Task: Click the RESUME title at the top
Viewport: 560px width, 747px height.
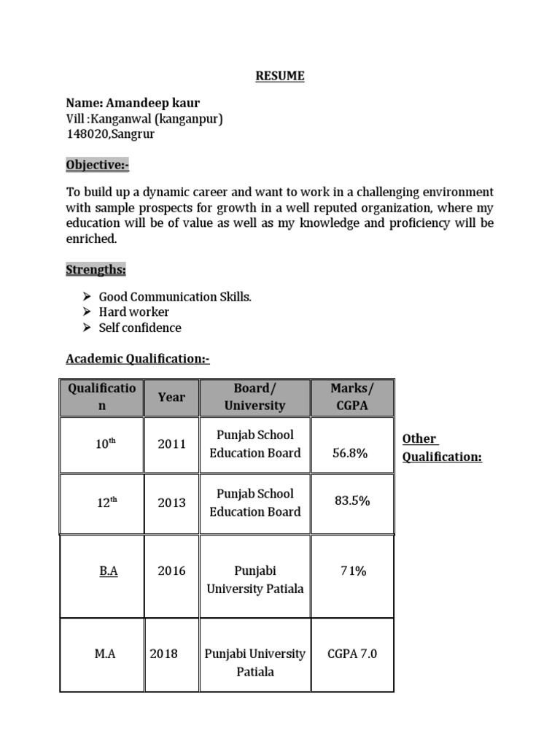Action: click(x=280, y=76)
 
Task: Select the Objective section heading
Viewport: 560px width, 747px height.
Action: click(x=98, y=166)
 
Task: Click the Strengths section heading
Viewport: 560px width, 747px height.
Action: click(x=96, y=270)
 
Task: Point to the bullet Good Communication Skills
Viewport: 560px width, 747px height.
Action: click(x=175, y=297)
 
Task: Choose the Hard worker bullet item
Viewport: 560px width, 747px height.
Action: click(x=134, y=312)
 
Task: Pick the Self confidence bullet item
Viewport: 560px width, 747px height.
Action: click(x=140, y=328)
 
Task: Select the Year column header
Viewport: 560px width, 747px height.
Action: click(x=171, y=397)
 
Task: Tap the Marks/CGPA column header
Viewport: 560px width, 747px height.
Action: click(x=352, y=397)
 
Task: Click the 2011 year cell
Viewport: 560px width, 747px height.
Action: click(x=171, y=444)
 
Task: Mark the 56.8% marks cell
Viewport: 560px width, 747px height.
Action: click(x=350, y=453)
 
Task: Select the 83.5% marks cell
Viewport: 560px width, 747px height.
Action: click(x=351, y=501)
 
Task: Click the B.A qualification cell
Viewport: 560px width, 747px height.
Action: click(x=109, y=571)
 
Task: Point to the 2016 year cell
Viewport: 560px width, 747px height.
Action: click(x=171, y=571)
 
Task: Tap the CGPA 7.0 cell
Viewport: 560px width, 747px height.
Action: click(x=352, y=654)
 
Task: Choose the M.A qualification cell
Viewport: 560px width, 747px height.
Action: click(x=105, y=654)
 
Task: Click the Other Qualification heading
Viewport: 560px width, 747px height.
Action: click(x=442, y=448)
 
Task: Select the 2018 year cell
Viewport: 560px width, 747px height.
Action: click(x=163, y=654)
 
